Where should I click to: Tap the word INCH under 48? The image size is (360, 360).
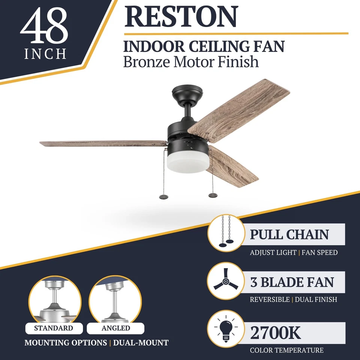point(45,54)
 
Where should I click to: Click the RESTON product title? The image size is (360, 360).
point(181,16)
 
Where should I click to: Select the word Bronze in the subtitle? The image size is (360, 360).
point(145,61)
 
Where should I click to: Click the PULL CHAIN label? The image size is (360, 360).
point(289,235)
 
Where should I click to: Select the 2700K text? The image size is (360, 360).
point(276,332)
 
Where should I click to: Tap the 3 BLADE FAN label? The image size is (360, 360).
point(292,282)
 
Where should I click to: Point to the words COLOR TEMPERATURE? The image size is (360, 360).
point(286,351)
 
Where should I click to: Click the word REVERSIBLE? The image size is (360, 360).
point(270,300)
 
